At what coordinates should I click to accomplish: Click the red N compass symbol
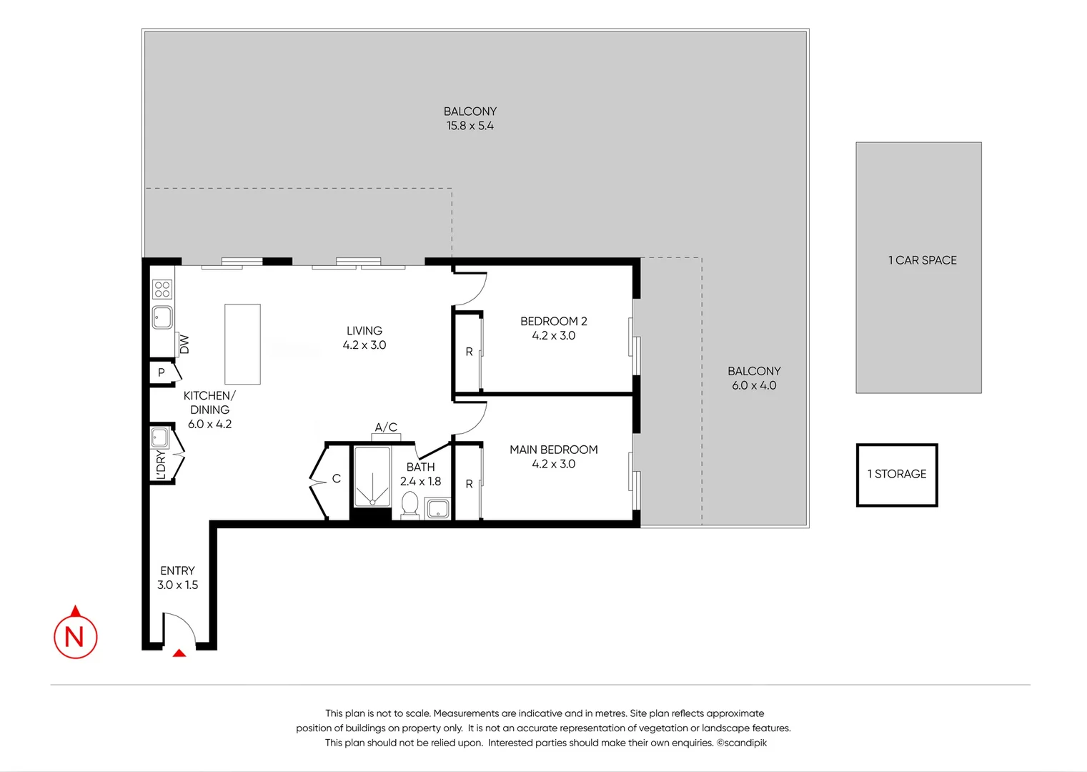[75, 635]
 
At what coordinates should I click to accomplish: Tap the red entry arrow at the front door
[179, 652]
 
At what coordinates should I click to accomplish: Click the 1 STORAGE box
[897, 475]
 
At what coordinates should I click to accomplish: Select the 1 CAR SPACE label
[922, 260]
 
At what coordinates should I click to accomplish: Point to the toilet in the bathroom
[410, 504]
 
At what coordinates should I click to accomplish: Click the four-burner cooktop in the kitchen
[162, 289]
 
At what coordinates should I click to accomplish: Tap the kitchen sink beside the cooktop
[162, 317]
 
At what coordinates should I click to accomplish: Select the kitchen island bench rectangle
[242, 344]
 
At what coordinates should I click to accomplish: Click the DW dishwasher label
[184, 344]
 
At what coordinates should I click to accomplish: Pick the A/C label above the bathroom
[386, 427]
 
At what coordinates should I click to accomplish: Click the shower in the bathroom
[372, 476]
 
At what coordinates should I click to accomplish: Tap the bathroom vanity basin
[437, 509]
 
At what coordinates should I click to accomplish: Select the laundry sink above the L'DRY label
[159, 437]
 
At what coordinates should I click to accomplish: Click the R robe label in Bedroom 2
[469, 352]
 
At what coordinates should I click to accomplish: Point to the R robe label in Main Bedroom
[469, 484]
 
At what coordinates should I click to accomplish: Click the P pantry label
[162, 372]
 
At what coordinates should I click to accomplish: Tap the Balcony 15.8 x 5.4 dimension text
[470, 126]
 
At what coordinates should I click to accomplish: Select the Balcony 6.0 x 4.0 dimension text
[753, 385]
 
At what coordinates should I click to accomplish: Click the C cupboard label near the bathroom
[336, 479]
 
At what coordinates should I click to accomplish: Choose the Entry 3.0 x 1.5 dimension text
[177, 585]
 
